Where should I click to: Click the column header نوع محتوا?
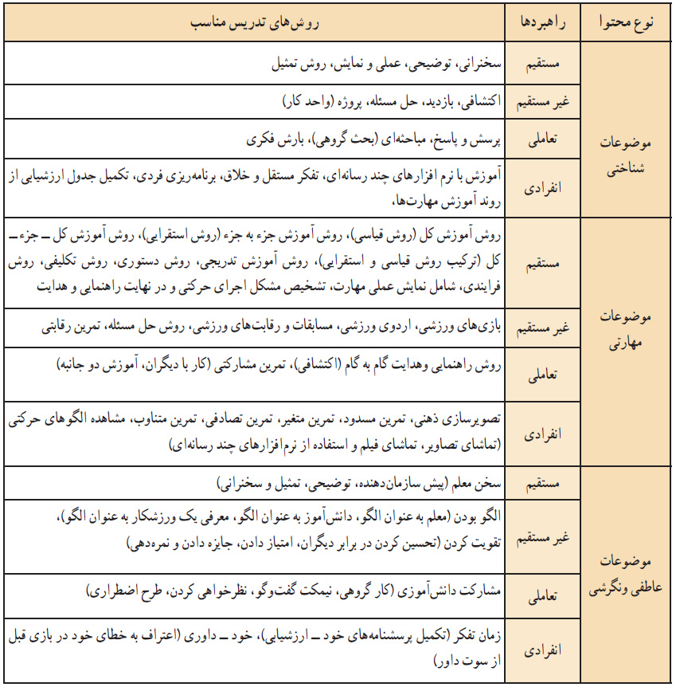pyautogui.click(x=629, y=22)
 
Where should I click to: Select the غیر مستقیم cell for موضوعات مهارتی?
pyautogui.click(x=551, y=328)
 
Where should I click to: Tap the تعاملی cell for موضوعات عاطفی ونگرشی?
pyautogui.click(x=551, y=595)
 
